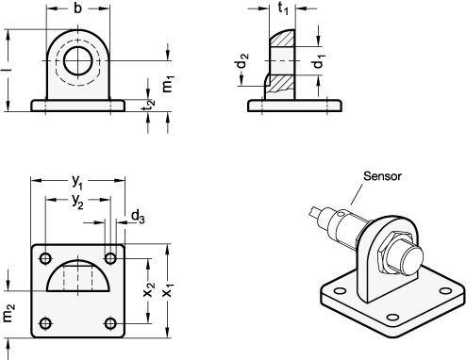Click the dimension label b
[x=77, y=8]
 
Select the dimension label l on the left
[x=8, y=70]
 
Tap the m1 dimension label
[x=168, y=84]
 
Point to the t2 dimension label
[x=148, y=105]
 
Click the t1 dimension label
[x=283, y=8]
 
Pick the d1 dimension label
[x=319, y=61]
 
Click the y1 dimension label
[x=77, y=182]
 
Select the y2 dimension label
[x=77, y=202]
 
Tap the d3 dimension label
[x=138, y=217]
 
